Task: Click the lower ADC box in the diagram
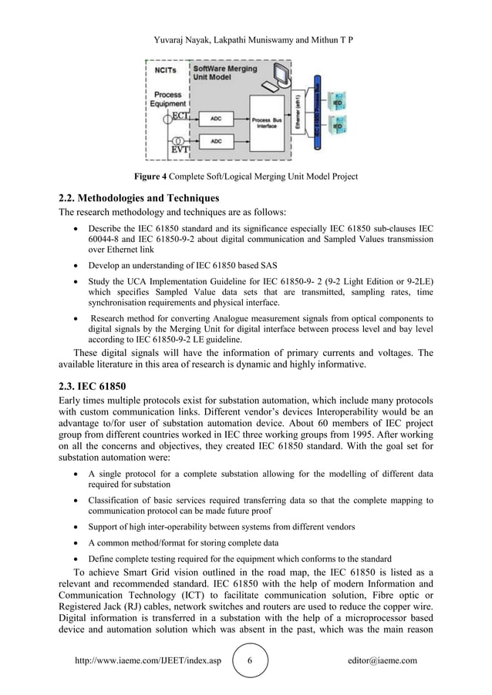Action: coord(216,143)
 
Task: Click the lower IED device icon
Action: coord(337,125)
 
